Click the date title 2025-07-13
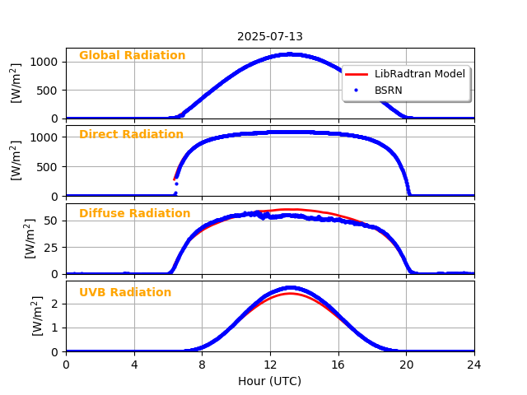(x=270, y=36)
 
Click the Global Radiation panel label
(x=132, y=56)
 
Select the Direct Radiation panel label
(x=131, y=135)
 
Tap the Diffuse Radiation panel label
(x=134, y=214)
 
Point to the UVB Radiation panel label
(x=125, y=293)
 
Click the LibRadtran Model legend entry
(x=419, y=74)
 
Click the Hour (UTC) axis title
(x=270, y=381)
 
